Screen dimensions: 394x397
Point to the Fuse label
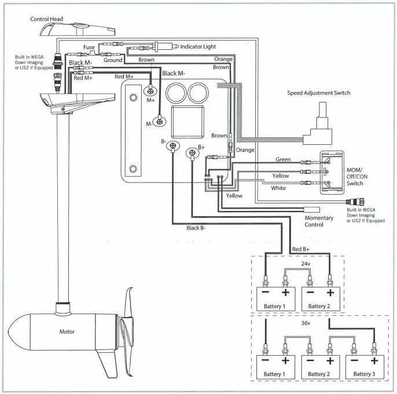point(89,48)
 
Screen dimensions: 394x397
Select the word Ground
point(113,60)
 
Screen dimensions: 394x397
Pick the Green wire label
point(283,159)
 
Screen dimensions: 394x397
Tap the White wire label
point(278,188)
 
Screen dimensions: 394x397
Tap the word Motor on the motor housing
point(67,333)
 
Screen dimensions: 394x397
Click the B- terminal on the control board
point(171,148)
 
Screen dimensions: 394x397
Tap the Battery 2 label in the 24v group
point(320,305)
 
